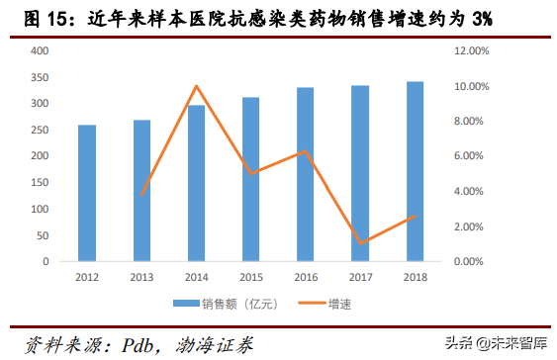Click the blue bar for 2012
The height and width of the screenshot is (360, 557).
coord(87,193)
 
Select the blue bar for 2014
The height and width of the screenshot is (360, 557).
coord(196,183)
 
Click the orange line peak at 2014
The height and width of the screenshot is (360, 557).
coord(196,86)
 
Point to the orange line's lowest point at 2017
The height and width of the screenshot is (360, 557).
coord(361,243)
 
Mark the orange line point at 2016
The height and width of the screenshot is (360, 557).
coord(306,151)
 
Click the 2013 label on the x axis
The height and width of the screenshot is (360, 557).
coord(141,276)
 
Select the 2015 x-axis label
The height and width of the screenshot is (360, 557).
coord(251,276)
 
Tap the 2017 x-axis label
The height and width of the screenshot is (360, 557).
coord(361,276)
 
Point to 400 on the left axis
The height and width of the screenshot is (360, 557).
coord(39,50)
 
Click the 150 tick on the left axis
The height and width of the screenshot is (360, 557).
coord(39,183)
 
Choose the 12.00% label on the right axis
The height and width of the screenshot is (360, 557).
coord(471,50)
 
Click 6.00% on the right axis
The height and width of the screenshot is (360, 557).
coord(470,156)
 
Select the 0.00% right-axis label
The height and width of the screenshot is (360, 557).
coord(470,261)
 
